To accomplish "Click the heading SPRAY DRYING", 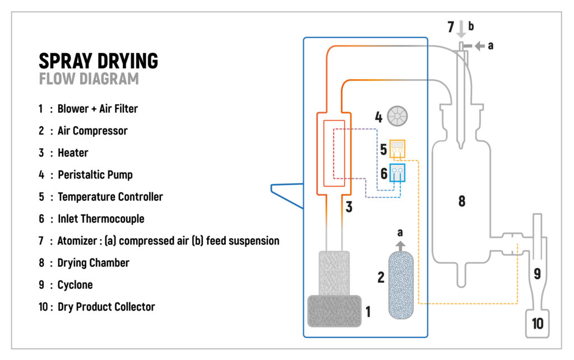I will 98,61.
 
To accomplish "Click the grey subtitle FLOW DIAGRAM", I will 89,79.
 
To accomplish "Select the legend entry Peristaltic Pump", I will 95,174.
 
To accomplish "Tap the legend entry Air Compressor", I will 92,131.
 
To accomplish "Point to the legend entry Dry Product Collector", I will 106,307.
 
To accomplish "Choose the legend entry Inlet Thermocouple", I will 101,219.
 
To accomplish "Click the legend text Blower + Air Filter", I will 98,109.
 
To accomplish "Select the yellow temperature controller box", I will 397,149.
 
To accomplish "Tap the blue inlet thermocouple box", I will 397,173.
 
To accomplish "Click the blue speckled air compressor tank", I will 400,285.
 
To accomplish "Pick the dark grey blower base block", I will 334,311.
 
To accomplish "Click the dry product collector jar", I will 537,324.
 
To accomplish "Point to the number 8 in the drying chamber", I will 461,201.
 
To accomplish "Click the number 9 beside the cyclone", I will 536,274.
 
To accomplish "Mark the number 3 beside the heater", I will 349,207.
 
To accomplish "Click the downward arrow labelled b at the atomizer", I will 460,29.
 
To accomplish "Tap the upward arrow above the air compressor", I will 400,244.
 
